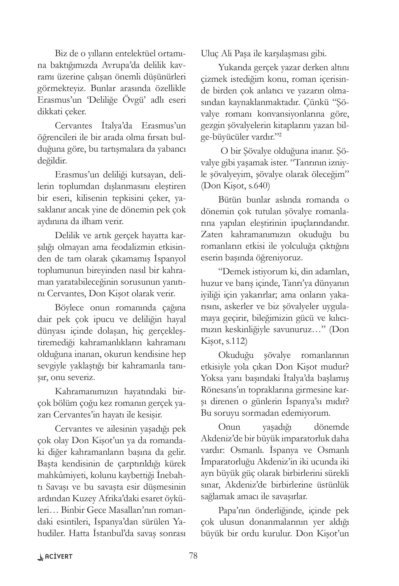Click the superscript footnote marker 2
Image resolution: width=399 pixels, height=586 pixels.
coord(280,135)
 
